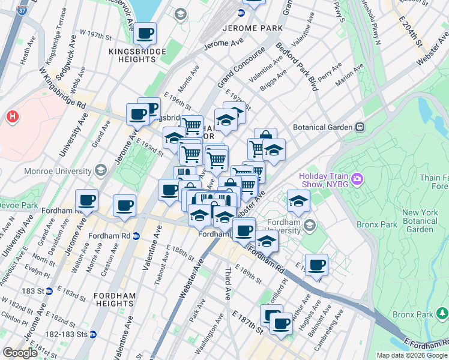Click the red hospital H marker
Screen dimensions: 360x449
(13, 116)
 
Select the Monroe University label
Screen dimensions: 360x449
(58, 171)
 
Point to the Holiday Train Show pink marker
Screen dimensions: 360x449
(358, 178)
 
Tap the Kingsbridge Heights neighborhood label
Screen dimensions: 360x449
(132, 55)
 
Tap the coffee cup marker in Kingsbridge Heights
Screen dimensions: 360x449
(145, 34)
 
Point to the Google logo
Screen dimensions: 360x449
(20, 353)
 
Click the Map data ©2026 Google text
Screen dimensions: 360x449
(412, 355)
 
